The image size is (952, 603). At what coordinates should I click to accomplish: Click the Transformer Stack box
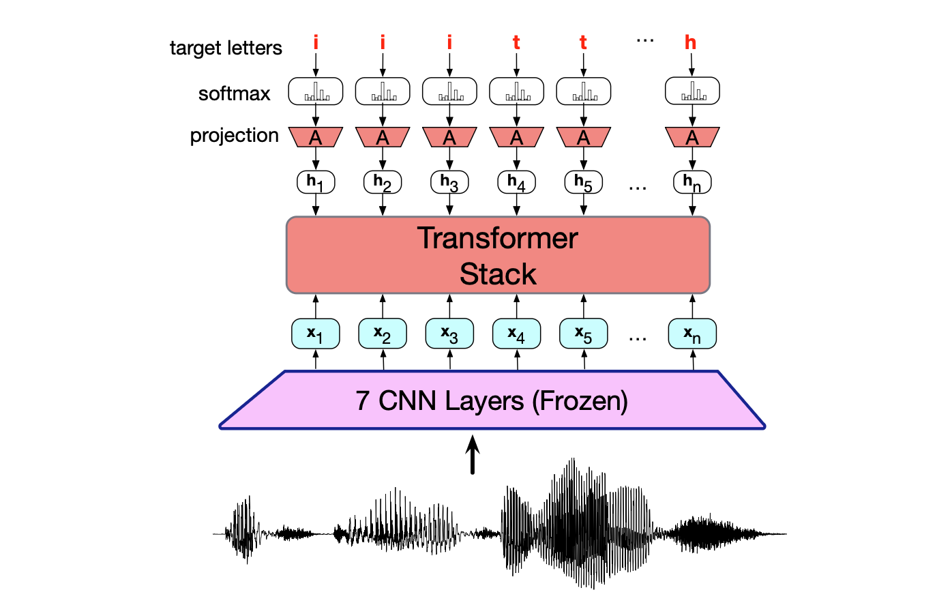click(x=498, y=255)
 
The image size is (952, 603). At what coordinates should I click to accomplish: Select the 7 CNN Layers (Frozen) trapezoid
click(x=491, y=400)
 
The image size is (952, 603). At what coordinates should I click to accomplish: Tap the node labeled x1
click(x=315, y=334)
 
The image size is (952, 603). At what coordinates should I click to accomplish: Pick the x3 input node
click(x=449, y=334)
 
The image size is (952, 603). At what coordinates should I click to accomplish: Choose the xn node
click(x=692, y=334)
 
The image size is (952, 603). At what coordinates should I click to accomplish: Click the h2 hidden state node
click(x=383, y=182)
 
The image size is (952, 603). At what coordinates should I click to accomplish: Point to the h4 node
click(x=516, y=182)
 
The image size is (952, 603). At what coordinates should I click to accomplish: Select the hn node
click(x=692, y=182)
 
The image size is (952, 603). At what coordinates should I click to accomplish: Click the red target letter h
click(x=690, y=43)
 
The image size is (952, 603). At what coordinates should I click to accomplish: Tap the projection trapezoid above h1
click(x=315, y=137)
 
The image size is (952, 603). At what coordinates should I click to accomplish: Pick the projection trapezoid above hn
click(x=692, y=137)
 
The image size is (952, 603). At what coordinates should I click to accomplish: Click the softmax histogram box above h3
click(x=449, y=91)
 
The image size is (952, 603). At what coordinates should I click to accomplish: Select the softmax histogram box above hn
click(x=692, y=91)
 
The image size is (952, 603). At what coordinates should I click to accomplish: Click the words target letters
click(x=226, y=48)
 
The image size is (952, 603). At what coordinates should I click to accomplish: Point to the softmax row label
click(x=234, y=93)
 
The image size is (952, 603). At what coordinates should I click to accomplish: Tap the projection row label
click(x=234, y=135)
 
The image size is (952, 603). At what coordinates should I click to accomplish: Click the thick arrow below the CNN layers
click(x=472, y=455)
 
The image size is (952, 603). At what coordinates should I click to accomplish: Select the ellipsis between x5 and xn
click(x=638, y=338)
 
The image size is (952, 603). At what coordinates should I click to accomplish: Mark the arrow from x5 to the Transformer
click(x=584, y=306)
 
